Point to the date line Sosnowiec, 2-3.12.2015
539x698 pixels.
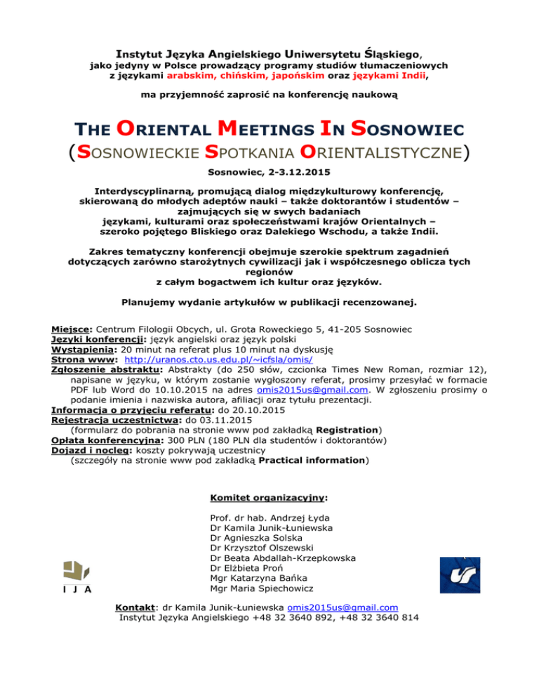[269, 171]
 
